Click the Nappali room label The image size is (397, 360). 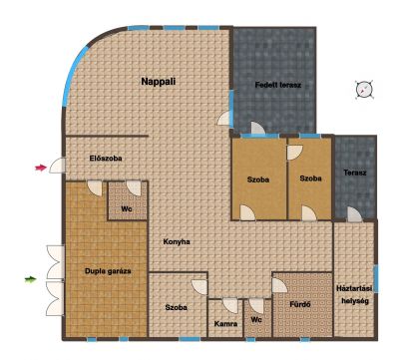pyautogui.click(x=159, y=82)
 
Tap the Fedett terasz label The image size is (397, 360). pyautogui.click(x=278, y=85)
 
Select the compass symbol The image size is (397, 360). pyautogui.click(x=364, y=90)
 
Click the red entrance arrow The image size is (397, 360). pyautogui.click(x=41, y=168)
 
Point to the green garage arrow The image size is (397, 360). pyautogui.click(x=30, y=279)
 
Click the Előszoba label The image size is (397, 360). pyautogui.click(x=106, y=159)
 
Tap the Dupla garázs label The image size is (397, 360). pyautogui.click(x=108, y=271)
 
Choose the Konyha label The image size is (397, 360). pyautogui.click(x=177, y=241)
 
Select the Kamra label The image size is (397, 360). pyautogui.click(x=225, y=324)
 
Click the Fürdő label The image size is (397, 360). pyautogui.click(x=300, y=304)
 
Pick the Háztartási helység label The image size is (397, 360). pyautogui.click(x=354, y=295)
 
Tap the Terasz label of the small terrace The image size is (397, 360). pyautogui.click(x=355, y=173)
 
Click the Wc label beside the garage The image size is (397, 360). pyautogui.click(x=127, y=209)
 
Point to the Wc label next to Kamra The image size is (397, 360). pyautogui.click(x=256, y=320)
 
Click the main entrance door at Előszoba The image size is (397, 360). pyautogui.click(x=58, y=166)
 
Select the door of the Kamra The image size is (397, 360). pyautogui.click(x=230, y=306)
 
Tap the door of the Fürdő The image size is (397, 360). pyautogui.click(x=279, y=285)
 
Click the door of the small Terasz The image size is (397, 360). pyautogui.click(x=354, y=214)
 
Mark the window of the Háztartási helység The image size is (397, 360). pyautogui.click(x=376, y=278)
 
